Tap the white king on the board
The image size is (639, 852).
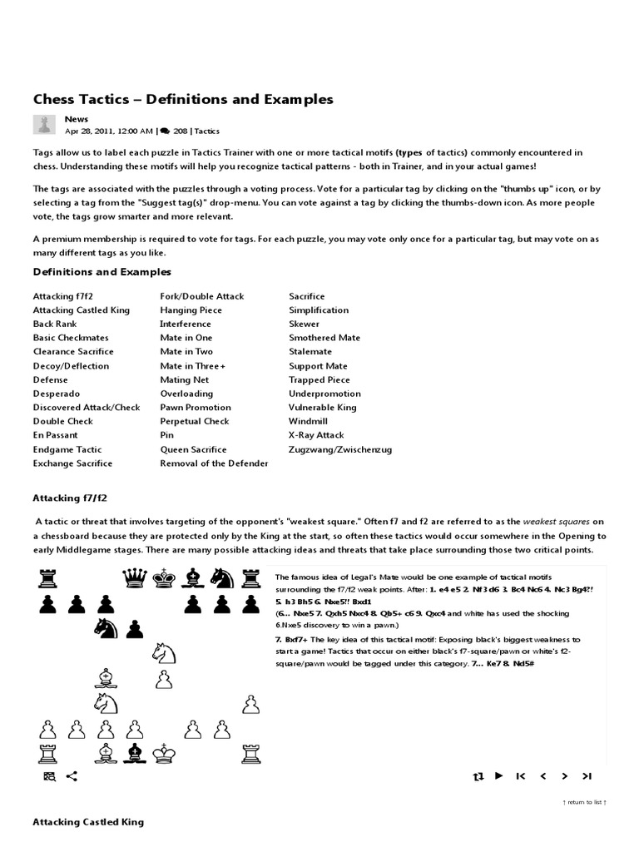(164, 754)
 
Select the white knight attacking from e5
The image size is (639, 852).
(164, 651)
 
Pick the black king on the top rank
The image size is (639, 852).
(164, 577)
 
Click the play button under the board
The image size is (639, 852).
(498, 775)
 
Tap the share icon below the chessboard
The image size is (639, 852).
(72, 776)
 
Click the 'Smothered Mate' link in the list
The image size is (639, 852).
(324, 338)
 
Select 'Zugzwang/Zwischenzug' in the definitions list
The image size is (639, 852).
(340, 449)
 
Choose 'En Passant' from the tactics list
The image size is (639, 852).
(56, 435)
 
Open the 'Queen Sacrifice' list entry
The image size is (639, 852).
(193, 449)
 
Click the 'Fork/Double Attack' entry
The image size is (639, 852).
(202, 296)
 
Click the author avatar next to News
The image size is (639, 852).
(44, 125)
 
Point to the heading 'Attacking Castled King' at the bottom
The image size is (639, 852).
(88, 822)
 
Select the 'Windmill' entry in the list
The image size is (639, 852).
(308, 421)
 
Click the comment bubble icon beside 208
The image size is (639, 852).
(166, 131)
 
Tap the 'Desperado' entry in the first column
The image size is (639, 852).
(57, 394)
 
